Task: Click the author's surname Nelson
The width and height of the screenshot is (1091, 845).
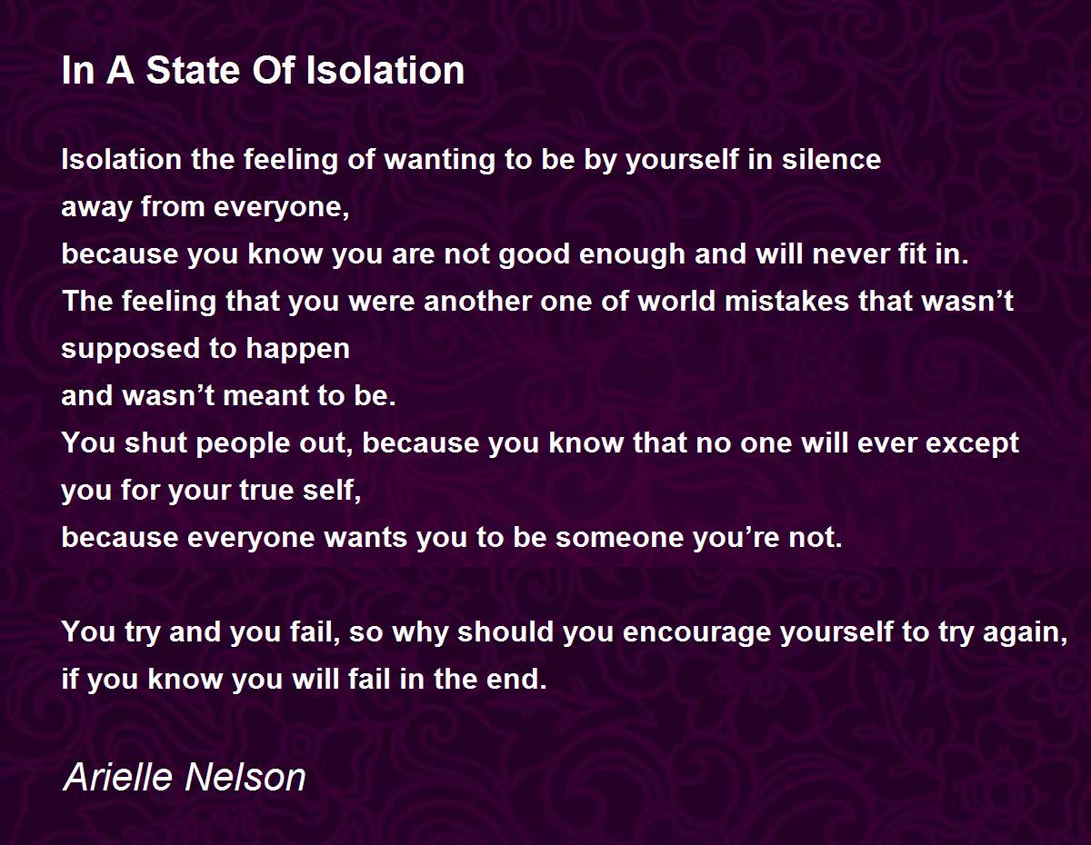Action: [x=248, y=778]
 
